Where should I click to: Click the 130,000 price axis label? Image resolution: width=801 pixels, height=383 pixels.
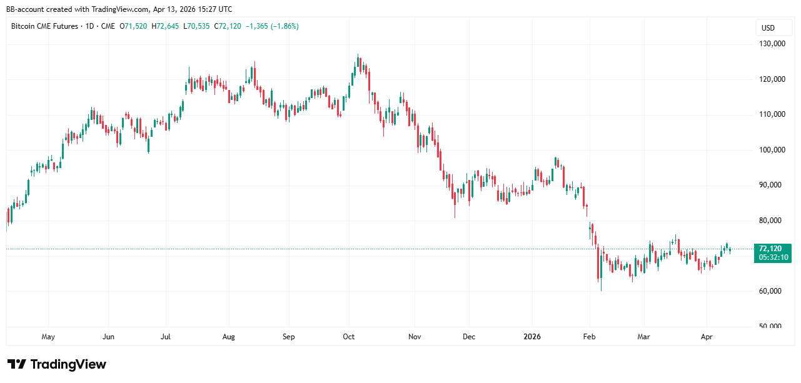772,44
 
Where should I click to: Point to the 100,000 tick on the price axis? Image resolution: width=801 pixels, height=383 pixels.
772,150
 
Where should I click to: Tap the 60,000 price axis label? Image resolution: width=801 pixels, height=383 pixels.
772,291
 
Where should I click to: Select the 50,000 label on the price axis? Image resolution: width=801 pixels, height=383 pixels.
772,326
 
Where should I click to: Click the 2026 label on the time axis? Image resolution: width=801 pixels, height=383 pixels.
532,337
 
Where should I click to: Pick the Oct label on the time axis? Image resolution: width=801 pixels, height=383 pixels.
349,337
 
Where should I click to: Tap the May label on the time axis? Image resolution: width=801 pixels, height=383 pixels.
48,337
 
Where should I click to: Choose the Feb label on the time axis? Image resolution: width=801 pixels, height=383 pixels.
589,337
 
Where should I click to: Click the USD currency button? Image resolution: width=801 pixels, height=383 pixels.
768,28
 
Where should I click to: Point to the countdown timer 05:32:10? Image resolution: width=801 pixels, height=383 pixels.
773,257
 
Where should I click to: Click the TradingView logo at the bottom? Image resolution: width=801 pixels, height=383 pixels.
57,364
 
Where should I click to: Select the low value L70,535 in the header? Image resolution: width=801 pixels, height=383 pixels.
196,26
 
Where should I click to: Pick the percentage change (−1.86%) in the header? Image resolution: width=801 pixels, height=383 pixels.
283,26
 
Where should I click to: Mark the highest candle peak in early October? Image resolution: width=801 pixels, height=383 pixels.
358,55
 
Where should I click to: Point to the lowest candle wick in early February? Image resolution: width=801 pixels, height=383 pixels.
601,290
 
